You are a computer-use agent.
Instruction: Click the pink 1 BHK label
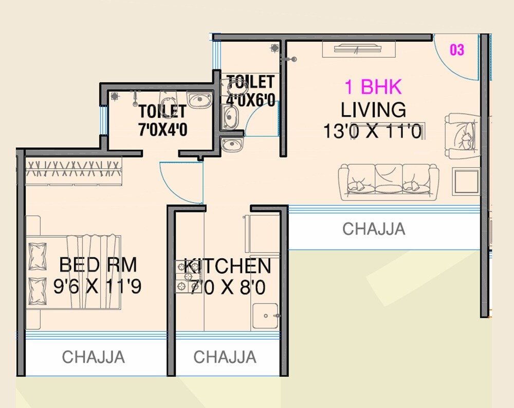pos(373,87)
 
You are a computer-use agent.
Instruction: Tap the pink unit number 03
pos(456,50)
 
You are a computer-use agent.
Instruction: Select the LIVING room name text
pos(373,110)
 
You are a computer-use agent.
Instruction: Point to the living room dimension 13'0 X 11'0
pos(373,131)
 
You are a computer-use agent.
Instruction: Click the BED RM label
pos(98,264)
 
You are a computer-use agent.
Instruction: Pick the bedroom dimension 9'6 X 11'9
pos(97,286)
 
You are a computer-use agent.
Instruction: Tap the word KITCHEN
pos(227,266)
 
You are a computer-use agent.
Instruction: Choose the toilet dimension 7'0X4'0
pos(162,129)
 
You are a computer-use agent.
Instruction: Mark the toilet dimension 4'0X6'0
pos(251,100)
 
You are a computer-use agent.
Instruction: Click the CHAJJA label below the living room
pos(374,229)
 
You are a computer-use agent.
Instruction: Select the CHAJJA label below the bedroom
pos(93,357)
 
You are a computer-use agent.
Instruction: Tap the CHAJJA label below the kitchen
pos(225,357)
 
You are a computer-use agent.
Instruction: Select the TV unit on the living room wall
pos(359,49)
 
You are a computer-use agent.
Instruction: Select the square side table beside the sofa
pos(466,181)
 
